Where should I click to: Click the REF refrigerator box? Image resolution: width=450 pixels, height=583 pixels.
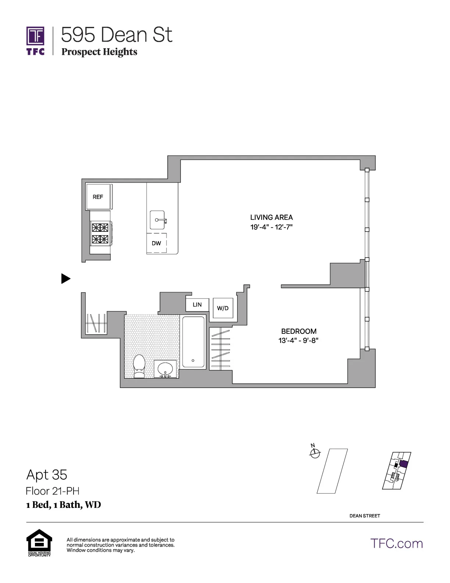coord(98,197)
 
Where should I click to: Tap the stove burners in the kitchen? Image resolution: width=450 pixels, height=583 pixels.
coord(100,233)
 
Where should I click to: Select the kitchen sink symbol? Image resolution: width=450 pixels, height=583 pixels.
coord(158,220)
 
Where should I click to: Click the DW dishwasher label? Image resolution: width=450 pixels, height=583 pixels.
coord(156,243)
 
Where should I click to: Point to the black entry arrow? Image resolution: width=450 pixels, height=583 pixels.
coord(65,279)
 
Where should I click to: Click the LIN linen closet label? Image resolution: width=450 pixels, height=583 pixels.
coord(197,305)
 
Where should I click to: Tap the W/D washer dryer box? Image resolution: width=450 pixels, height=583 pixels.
coord(223,308)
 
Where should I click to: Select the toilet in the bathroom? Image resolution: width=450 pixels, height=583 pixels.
coord(139,366)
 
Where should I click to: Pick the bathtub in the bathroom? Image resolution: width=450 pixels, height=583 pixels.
coord(193,342)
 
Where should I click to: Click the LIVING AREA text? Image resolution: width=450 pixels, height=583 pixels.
coord(271,218)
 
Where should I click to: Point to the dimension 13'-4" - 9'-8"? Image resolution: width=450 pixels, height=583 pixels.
coord(298,340)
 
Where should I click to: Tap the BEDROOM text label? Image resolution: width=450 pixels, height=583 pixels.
coord(299,331)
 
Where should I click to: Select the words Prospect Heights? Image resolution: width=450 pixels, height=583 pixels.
coord(99,52)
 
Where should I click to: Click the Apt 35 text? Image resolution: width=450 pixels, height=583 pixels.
coord(47,475)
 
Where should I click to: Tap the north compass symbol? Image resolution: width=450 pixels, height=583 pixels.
coord(314,453)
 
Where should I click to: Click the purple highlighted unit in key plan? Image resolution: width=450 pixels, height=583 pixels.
coord(404,464)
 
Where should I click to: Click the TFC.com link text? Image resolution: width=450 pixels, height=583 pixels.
coord(396,544)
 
